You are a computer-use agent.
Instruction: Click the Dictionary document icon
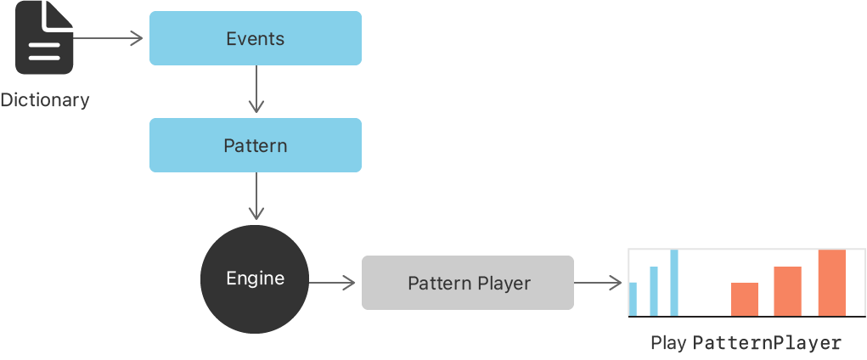coord(44,39)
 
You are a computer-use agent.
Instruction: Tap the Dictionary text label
coord(45,100)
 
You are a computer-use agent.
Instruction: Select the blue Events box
coord(255,38)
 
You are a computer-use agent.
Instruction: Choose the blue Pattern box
coord(255,145)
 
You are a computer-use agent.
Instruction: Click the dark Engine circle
coord(255,278)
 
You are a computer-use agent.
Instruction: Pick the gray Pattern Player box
coord(468,283)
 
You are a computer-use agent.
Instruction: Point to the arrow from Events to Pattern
coord(256,90)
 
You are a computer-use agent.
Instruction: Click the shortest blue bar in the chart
coord(633,299)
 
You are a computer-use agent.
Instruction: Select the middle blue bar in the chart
coord(654,291)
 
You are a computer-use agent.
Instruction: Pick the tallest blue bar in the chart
coord(674,283)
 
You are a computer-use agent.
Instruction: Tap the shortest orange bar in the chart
coord(745,299)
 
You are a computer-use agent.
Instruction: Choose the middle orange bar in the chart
coord(787,291)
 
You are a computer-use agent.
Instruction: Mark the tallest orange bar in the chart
coord(831,283)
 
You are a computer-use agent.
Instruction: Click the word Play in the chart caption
coord(668,343)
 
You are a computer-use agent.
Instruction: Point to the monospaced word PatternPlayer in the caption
coord(767,343)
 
